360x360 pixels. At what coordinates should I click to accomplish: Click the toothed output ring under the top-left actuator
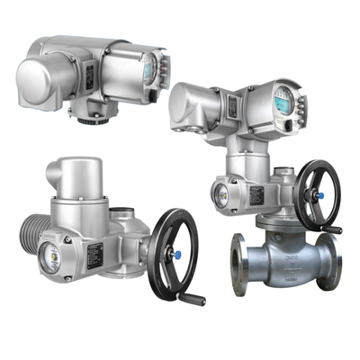[100, 115]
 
